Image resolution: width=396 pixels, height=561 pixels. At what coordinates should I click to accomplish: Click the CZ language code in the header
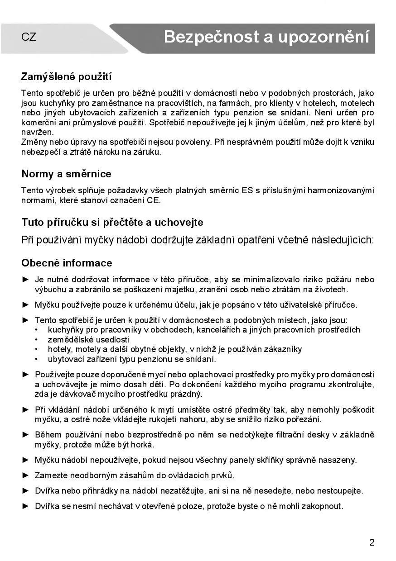tap(29, 38)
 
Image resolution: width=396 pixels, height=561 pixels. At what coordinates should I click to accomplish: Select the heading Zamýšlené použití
tap(66, 76)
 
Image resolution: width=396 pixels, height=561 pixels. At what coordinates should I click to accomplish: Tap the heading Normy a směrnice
tap(66, 174)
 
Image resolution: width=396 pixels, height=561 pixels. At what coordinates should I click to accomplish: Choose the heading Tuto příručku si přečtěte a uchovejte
tap(112, 223)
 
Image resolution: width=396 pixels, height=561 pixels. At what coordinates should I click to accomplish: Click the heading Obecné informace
tap(67, 263)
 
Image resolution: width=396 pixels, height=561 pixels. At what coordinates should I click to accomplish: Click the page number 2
tap(372, 542)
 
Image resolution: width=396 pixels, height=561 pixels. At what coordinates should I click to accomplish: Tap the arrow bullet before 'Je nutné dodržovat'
tap(25, 280)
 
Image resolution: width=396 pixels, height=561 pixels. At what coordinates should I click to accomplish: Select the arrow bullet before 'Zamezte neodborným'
tap(25, 475)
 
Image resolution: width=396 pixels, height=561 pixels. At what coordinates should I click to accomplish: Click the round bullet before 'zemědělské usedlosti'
tap(36, 340)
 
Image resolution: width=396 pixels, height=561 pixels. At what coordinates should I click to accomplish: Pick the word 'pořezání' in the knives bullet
tap(305, 419)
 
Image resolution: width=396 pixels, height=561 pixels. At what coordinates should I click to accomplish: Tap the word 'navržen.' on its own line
tap(37, 132)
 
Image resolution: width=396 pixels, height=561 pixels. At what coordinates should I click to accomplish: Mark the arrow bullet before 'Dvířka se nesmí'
tap(25, 506)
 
